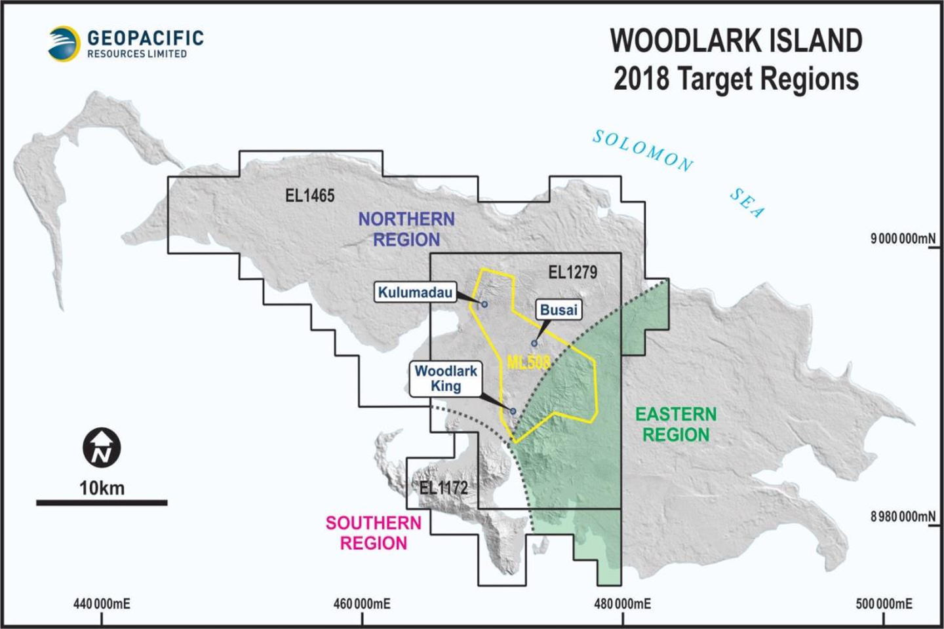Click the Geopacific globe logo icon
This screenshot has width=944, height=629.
click(x=64, y=43)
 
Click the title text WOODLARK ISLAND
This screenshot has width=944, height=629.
click(x=736, y=41)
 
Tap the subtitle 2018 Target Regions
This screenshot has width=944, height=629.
click(x=736, y=79)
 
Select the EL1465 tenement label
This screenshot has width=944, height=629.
click(x=309, y=195)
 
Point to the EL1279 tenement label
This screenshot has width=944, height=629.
click(x=572, y=272)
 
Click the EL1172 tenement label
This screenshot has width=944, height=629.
click(x=443, y=487)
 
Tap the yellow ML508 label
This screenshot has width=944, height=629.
click(x=528, y=362)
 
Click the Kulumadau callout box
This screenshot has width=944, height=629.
click(x=415, y=292)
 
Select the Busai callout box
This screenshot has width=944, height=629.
click(x=559, y=310)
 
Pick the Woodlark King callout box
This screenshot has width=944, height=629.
click(x=446, y=379)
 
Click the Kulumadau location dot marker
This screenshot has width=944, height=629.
click(x=484, y=305)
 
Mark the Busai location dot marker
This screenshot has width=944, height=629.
click(x=534, y=343)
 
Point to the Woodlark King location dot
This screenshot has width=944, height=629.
click(x=513, y=411)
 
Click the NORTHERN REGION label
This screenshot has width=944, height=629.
click(x=406, y=229)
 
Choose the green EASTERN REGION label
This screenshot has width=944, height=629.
click(x=676, y=425)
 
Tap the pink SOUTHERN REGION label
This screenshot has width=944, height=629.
click(x=374, y=533)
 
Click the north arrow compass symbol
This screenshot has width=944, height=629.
click(x=102, y=448)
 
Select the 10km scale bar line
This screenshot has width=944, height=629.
click(x=102, y=503)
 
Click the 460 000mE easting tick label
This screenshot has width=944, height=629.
click(x=362, y=603)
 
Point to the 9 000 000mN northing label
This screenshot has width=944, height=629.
click(x=903, y=238)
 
